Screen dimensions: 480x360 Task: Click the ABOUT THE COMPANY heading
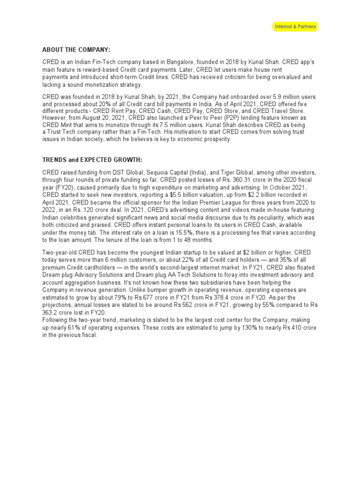point(77,50)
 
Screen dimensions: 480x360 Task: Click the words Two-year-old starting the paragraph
point(59,252)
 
